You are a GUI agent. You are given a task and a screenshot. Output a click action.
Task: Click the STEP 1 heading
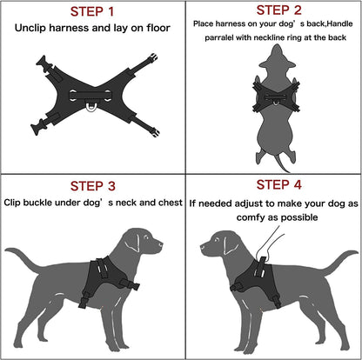click(90, 11)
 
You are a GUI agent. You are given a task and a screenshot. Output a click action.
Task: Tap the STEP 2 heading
click(271, 11)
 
